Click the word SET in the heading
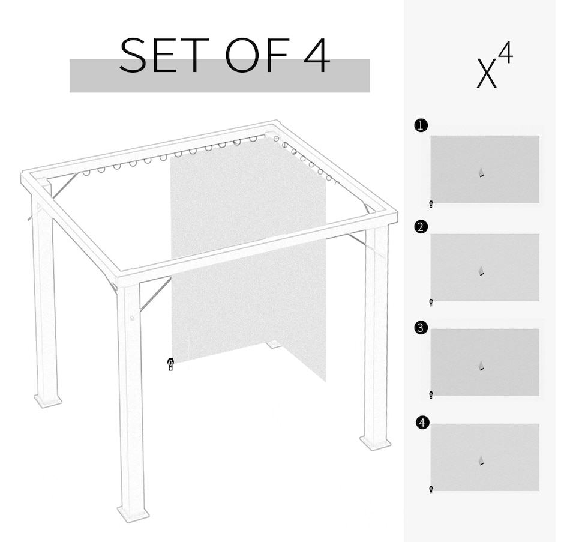pyautogui.click(x=164, y=55)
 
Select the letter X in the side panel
pyautogui.click(x=487, y=74)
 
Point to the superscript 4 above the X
pyautogui.click(x=506, y=52)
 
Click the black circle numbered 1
pyautogui.click(x=421, y=126)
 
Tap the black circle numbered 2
pyautogui.click(x=421, y=227)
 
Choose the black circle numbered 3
pyautogui.click(x=421, y=328)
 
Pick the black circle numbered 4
pyautogui.click(x=422, y=423)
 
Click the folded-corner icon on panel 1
pyautogui.click(x=481, y=173)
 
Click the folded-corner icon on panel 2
pyautogui.click(x=481, y=271)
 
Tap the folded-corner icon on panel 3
pyautogui.click(x=481, y=366)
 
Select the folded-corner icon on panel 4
pyautogui.click(x=481, y=461)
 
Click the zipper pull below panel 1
pyautogui.click(x=431, y=204)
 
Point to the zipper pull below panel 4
pyautogui.click(x=431, y=490)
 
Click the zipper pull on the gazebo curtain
pyautogui.click(x=170, y=364)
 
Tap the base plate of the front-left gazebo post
pyautogui.click(x=133, y=514)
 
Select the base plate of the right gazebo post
pyautogui.click(x=376, y=443)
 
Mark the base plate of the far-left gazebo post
pyautogui.click(x=48, y=400)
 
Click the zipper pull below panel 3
pyautogui.click(x=431, y=395)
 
